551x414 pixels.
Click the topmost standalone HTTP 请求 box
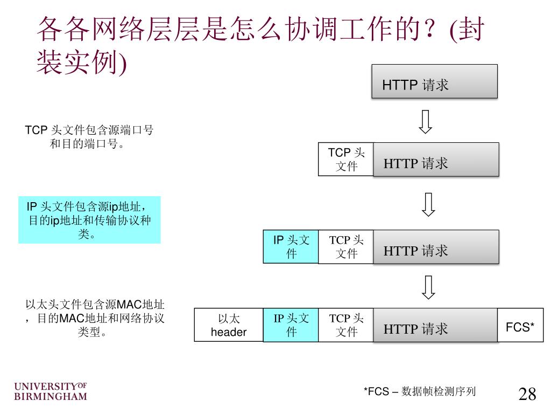click(x=434, y=81)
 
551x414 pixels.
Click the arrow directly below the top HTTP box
click(x=426, y=122)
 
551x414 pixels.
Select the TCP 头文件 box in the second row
click(x=345, y=160)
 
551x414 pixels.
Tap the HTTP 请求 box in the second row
click(x=436, y=160)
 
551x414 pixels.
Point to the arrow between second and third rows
click(x=428, y=204)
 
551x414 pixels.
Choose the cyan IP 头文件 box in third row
click(x=291, y=247)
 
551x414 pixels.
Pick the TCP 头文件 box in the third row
click(x=345, y=247)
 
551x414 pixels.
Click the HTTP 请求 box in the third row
click(x=436, y=247)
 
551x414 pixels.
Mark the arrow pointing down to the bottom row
click(x=428, y=287)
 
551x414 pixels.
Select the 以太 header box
click(x=229, y=325)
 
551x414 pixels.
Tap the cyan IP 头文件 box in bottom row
click(x=291, y=325)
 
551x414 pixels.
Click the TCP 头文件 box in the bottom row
click(x=345, y=325)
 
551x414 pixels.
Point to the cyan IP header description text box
click(x=89, y=220)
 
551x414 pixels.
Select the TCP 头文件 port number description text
click(x=89, y=137)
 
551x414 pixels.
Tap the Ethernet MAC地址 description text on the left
click(x=95, y=318)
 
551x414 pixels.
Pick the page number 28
click(x=527, y=394)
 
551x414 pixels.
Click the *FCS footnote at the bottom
click(x=420, y=391)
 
